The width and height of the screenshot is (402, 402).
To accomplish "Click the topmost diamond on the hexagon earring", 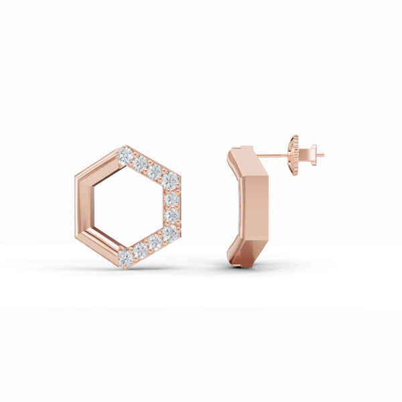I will pos(125,155).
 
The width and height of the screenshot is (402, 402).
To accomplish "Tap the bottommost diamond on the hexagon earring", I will pos(125,256).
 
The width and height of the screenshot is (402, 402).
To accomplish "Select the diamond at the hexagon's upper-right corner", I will pos(171,179).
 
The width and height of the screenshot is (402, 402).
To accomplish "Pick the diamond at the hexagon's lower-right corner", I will pos(170,232).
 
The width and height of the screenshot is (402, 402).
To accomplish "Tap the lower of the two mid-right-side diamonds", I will pos(171,215).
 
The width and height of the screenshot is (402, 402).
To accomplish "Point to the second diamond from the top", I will pos(140,163).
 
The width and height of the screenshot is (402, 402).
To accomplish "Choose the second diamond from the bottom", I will pos(141,250).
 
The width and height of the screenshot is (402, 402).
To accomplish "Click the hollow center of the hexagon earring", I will pos(127,206).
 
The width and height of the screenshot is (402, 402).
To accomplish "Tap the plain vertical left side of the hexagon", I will pos(80,206).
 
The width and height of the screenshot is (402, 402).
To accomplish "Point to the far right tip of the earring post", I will pos(322,155).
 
